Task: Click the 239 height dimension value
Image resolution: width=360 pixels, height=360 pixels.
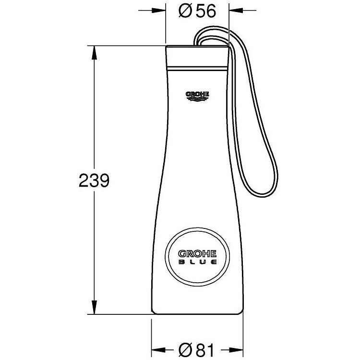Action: (94, 180)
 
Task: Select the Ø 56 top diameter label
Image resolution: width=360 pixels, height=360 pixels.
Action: (197, 11)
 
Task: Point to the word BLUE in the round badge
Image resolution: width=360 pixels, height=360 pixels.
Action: (197, 262)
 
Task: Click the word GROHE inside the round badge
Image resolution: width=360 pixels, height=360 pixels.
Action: (197, 254)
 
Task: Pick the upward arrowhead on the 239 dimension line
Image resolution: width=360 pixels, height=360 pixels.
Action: (94, 53)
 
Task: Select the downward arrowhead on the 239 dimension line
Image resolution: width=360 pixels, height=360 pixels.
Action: (94, 307)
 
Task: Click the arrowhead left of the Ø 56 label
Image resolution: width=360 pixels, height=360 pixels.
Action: (159, 11)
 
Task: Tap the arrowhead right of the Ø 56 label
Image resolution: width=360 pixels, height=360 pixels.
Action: (236, 11)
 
